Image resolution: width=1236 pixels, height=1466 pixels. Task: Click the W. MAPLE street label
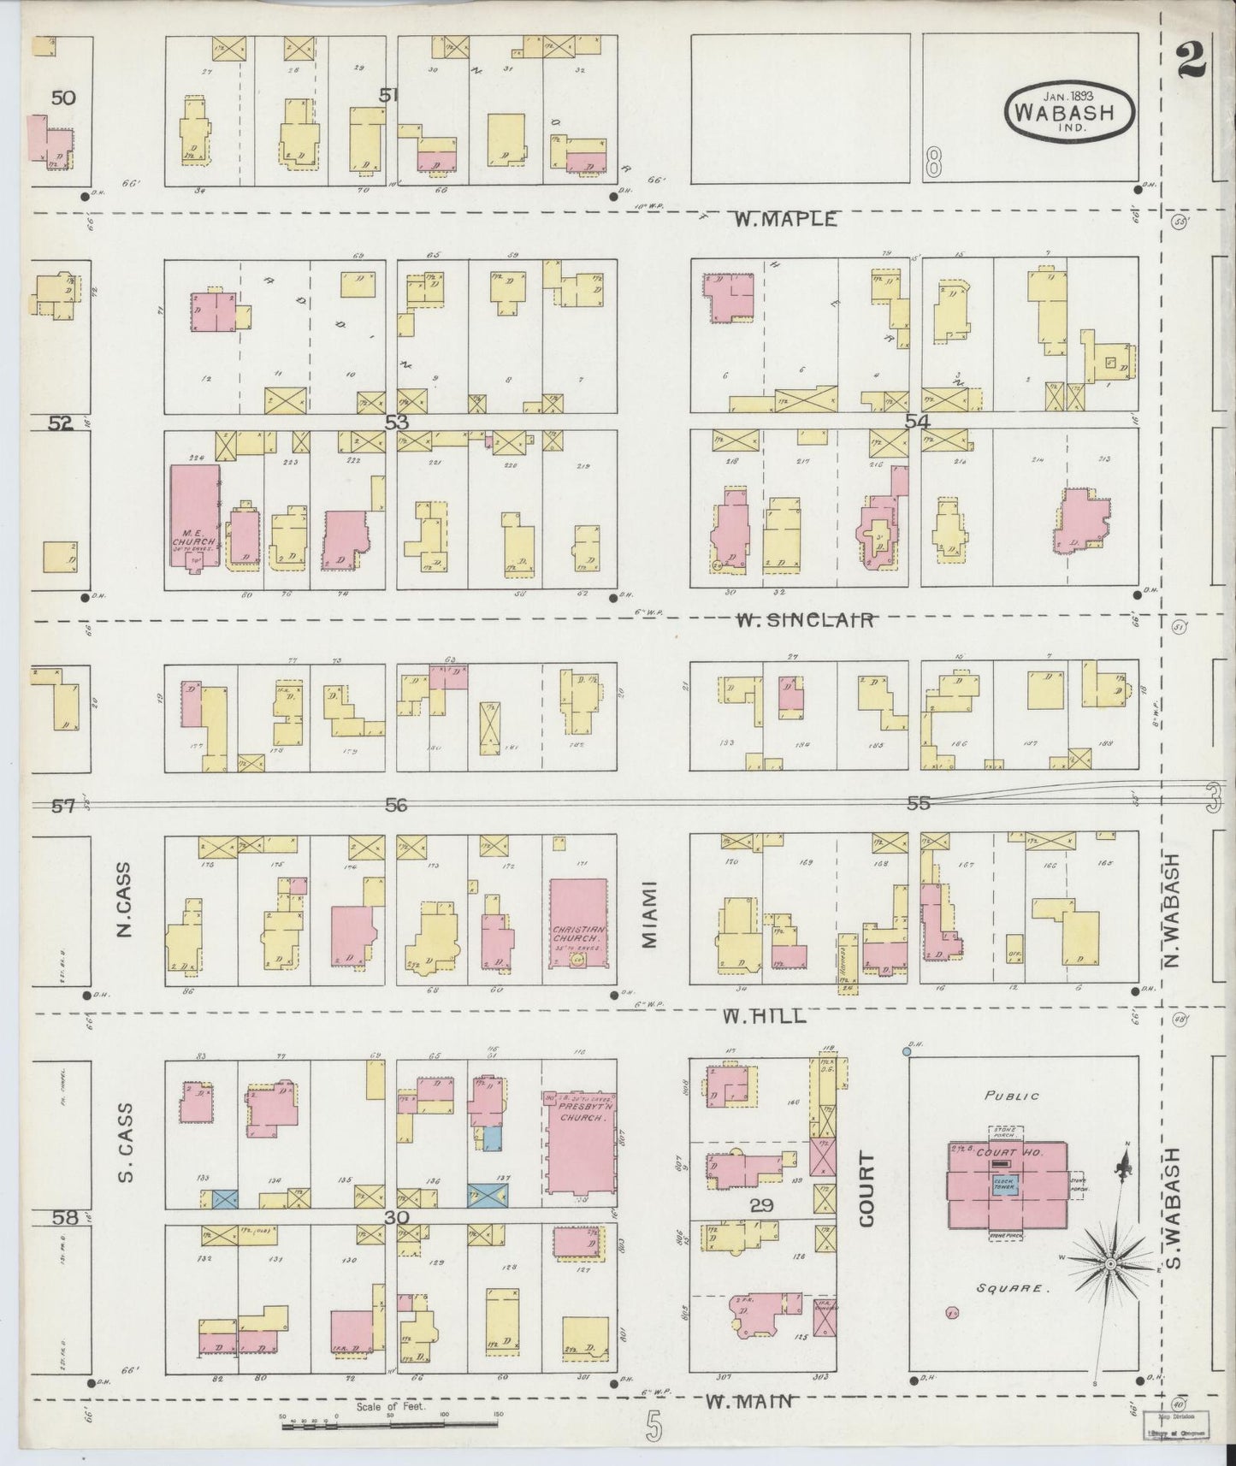784,219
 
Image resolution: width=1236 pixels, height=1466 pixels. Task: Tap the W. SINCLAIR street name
805,620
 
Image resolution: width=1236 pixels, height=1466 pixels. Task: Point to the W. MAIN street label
748,1401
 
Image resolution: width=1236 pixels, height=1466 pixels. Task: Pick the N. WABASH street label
1171,911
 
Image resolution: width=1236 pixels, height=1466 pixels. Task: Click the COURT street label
867,1190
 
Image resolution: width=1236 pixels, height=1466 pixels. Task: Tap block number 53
396,422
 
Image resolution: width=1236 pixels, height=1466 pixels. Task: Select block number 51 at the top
389,95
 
